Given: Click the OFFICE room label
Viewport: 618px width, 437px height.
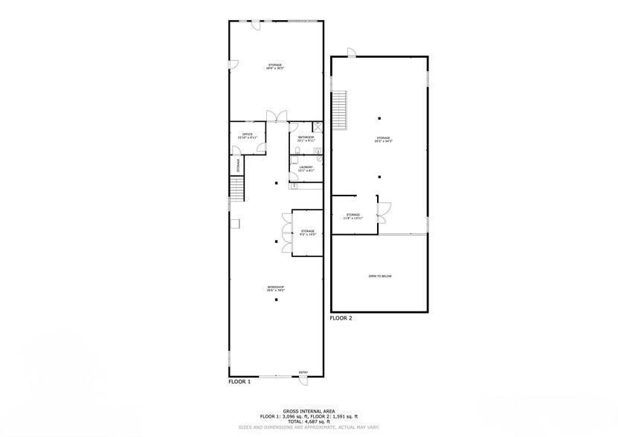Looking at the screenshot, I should point(248,135).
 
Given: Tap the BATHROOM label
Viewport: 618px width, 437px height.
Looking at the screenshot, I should point(306,137).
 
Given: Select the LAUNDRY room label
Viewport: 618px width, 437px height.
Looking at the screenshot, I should point(306,166).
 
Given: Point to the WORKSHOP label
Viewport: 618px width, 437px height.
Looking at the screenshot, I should point(276,287).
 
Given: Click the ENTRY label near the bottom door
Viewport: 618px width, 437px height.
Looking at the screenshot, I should point(303,372).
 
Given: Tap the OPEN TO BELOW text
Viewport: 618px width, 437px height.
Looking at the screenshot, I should point(379,276).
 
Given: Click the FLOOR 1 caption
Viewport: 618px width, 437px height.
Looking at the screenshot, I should point(239,381).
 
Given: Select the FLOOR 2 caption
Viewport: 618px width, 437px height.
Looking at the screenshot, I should point(341,317).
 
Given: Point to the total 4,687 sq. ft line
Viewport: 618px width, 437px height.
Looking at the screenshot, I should point(309,421).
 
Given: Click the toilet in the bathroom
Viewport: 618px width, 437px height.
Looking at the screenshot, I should point(296,154).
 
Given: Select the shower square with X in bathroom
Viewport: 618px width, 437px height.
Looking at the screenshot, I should point(317,126).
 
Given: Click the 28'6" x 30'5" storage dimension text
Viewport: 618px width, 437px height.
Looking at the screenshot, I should point(275,68).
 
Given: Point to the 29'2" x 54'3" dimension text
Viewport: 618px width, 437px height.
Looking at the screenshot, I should point(383,140).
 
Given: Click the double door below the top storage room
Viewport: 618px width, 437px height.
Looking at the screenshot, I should point(277,116).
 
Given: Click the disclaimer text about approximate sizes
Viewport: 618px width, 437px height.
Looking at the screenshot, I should point(309,427).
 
